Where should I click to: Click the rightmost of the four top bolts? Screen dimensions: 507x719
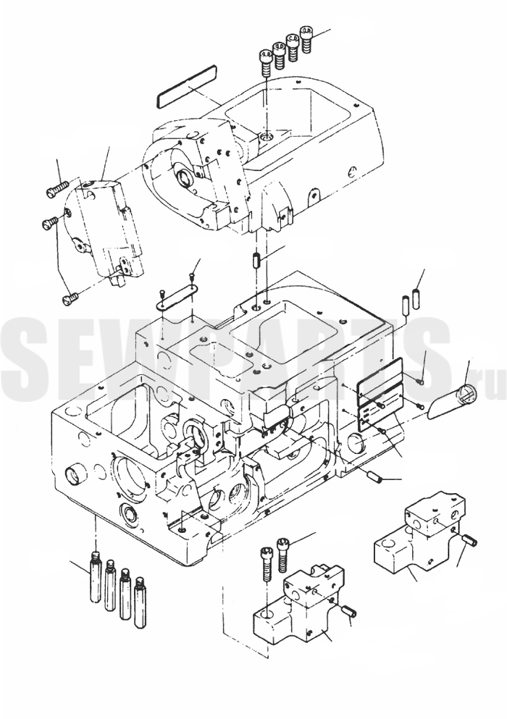pos(306,38)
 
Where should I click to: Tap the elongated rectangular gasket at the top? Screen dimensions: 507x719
pos(187,85)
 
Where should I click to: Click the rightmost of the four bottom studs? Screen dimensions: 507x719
pos(141,602)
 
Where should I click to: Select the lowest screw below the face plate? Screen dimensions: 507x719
pos(70,300)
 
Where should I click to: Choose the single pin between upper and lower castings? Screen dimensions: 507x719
pos(256,261)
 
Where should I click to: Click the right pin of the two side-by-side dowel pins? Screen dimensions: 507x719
pos(416,298)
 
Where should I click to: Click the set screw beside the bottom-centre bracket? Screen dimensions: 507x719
pos(350,612)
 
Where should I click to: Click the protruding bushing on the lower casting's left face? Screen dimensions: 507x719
pos(74,476)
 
